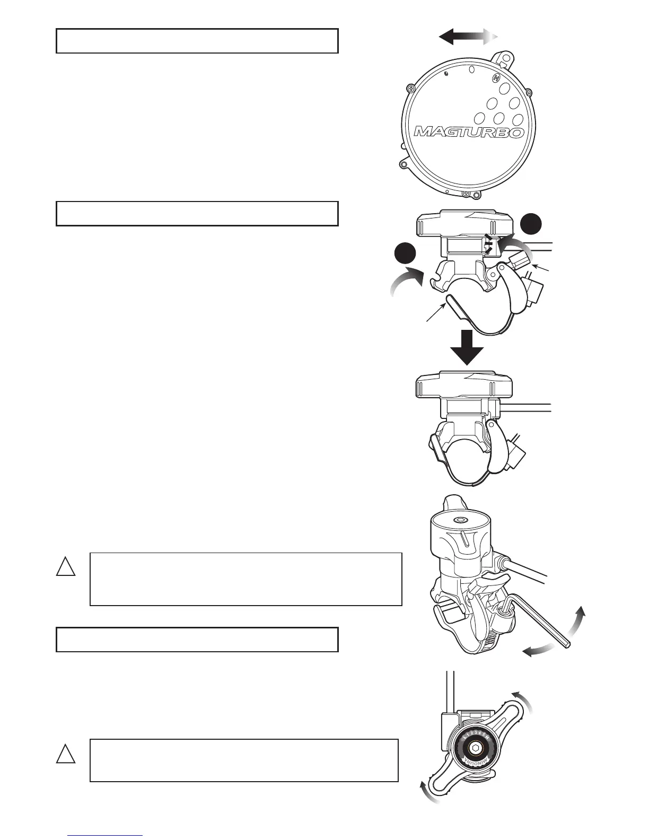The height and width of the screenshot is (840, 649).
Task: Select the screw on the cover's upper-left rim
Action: pyautogui.click(x=409, y=89)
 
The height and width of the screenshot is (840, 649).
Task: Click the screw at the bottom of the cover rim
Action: pyautogui.click(x=467, y=194)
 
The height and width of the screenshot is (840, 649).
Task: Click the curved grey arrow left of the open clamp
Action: pyautogui.click(x=406, y=284)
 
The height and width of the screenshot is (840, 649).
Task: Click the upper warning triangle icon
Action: pyautogui.click(x=66, y=566)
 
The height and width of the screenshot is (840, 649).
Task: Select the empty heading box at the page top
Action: pyautogui.click(x=197, y=41)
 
